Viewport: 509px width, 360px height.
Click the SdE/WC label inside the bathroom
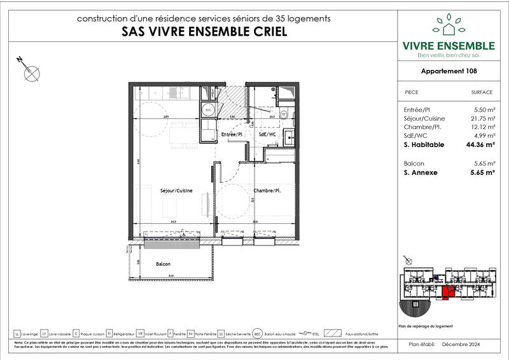coord(266,135)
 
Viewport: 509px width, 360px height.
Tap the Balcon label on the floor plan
coord(164,263)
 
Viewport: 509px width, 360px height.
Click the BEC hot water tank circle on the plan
coord(207,109)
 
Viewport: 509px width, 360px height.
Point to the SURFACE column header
coord(481,92)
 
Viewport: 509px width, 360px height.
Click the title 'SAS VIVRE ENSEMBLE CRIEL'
coord(203,31)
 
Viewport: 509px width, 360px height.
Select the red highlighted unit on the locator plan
coord(449,291)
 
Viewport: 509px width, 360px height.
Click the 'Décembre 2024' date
coord(469,348)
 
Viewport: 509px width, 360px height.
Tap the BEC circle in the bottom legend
coord(257,333)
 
